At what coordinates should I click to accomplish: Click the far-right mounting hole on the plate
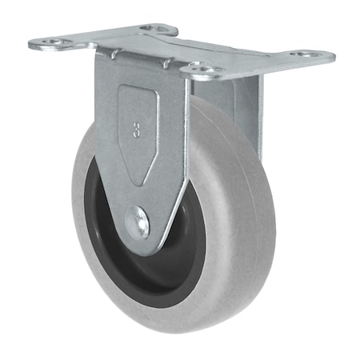[x=308, y=55]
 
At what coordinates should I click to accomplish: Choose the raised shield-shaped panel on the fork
[x=137, y=132]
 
